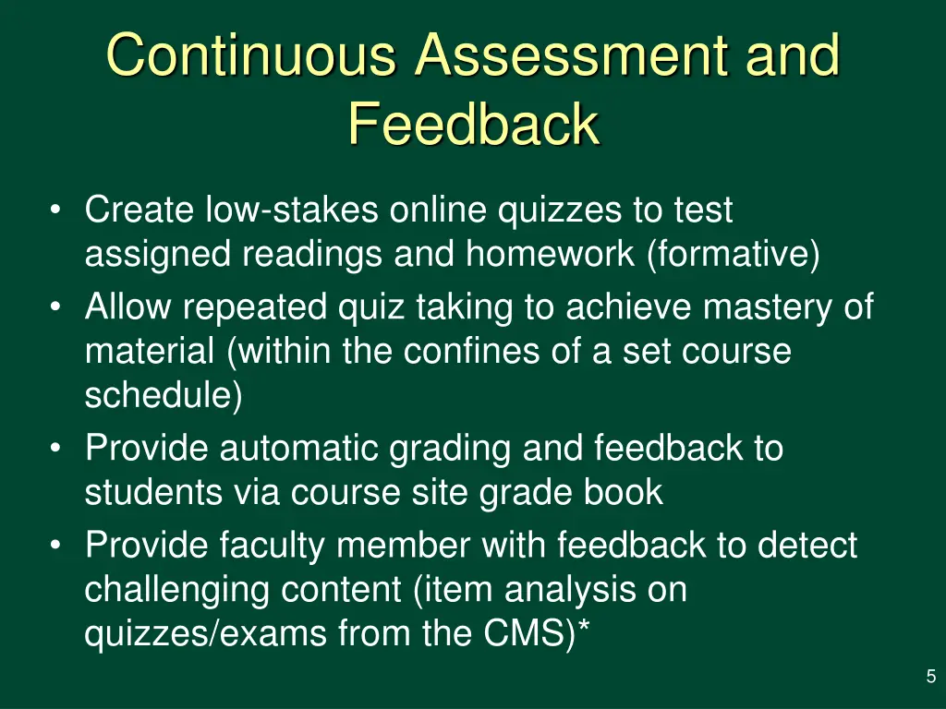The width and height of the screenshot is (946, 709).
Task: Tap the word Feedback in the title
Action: click(x=473, y=125)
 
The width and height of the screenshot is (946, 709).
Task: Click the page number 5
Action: click(x=930, y=678)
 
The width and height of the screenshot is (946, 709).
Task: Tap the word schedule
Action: click(x=160, y=395)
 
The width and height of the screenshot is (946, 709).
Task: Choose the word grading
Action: click(x=450, y=449)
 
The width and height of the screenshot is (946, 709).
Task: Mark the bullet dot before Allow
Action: click(x=57, y=306)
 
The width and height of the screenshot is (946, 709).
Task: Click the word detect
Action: click(x=807, y=546)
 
